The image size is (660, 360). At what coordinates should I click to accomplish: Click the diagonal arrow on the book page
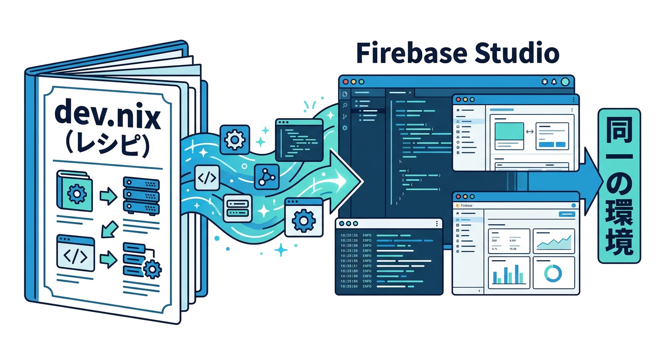tap(109, 229)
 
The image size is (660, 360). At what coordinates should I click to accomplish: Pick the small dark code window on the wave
tap(299, 138)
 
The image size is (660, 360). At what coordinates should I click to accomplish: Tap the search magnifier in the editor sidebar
tap(345, 105)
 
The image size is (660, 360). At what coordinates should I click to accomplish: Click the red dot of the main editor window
tap(346, 82)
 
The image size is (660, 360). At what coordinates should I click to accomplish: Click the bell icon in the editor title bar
tap(554, 82)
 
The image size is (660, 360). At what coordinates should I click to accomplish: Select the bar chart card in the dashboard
tap(509, 273)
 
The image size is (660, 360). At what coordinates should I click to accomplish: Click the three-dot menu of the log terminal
tap(437, 224)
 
